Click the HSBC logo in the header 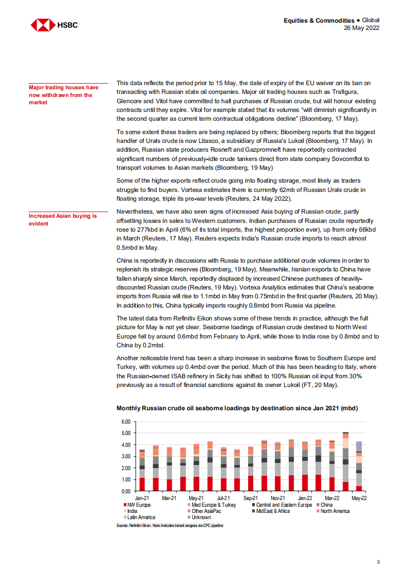click(54, 24)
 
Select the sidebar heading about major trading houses click(64, 95)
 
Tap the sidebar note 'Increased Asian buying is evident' click(62, 220)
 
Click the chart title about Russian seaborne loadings click(237, 408)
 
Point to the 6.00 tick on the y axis click(125, 422)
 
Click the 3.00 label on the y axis click(125, 457)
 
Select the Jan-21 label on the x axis click(142, 498)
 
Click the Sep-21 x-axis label click(250, 498)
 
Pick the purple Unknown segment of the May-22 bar click(358, 446)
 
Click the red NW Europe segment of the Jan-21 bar click(142, 485)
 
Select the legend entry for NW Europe click(137, 505)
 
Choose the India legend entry click(132, 511)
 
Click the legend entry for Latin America click(139, 517)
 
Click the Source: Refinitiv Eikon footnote click(170, 525)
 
